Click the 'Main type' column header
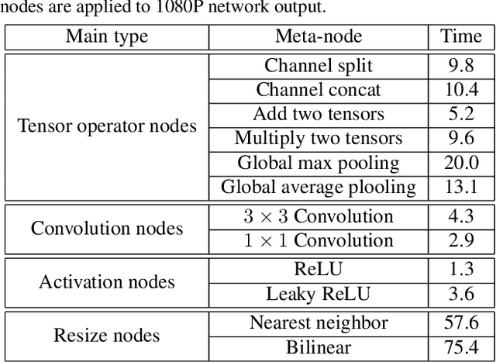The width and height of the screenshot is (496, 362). click(108, 36)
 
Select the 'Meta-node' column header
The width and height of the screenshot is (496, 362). click(319, 36)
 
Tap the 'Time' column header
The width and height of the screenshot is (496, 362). click(461, 36)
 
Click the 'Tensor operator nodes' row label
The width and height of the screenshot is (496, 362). click(108, 126)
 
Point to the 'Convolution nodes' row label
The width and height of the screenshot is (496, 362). click(108, 228)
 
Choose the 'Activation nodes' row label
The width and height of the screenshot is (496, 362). click(108, 282)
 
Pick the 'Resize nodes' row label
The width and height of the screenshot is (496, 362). click(108, 335)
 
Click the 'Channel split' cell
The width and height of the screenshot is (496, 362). click(319, 66)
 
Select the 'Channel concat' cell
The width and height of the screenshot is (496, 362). click(319, 90)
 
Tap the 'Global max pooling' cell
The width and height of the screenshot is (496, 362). click(319, 163)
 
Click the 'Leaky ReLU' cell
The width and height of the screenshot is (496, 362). click(319, 294)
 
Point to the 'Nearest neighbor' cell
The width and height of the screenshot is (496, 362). click(319, 323)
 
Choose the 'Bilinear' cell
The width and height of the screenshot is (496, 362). click(319, 347)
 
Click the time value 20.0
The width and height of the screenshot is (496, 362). click(461, 163)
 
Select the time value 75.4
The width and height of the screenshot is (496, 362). click(461, 347)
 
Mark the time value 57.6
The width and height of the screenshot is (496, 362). click(461, 323)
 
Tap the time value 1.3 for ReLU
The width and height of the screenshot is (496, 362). click(461, 270)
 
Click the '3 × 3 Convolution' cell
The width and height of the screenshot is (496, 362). click(319, 216)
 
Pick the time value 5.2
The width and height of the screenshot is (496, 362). click(461, 115)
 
